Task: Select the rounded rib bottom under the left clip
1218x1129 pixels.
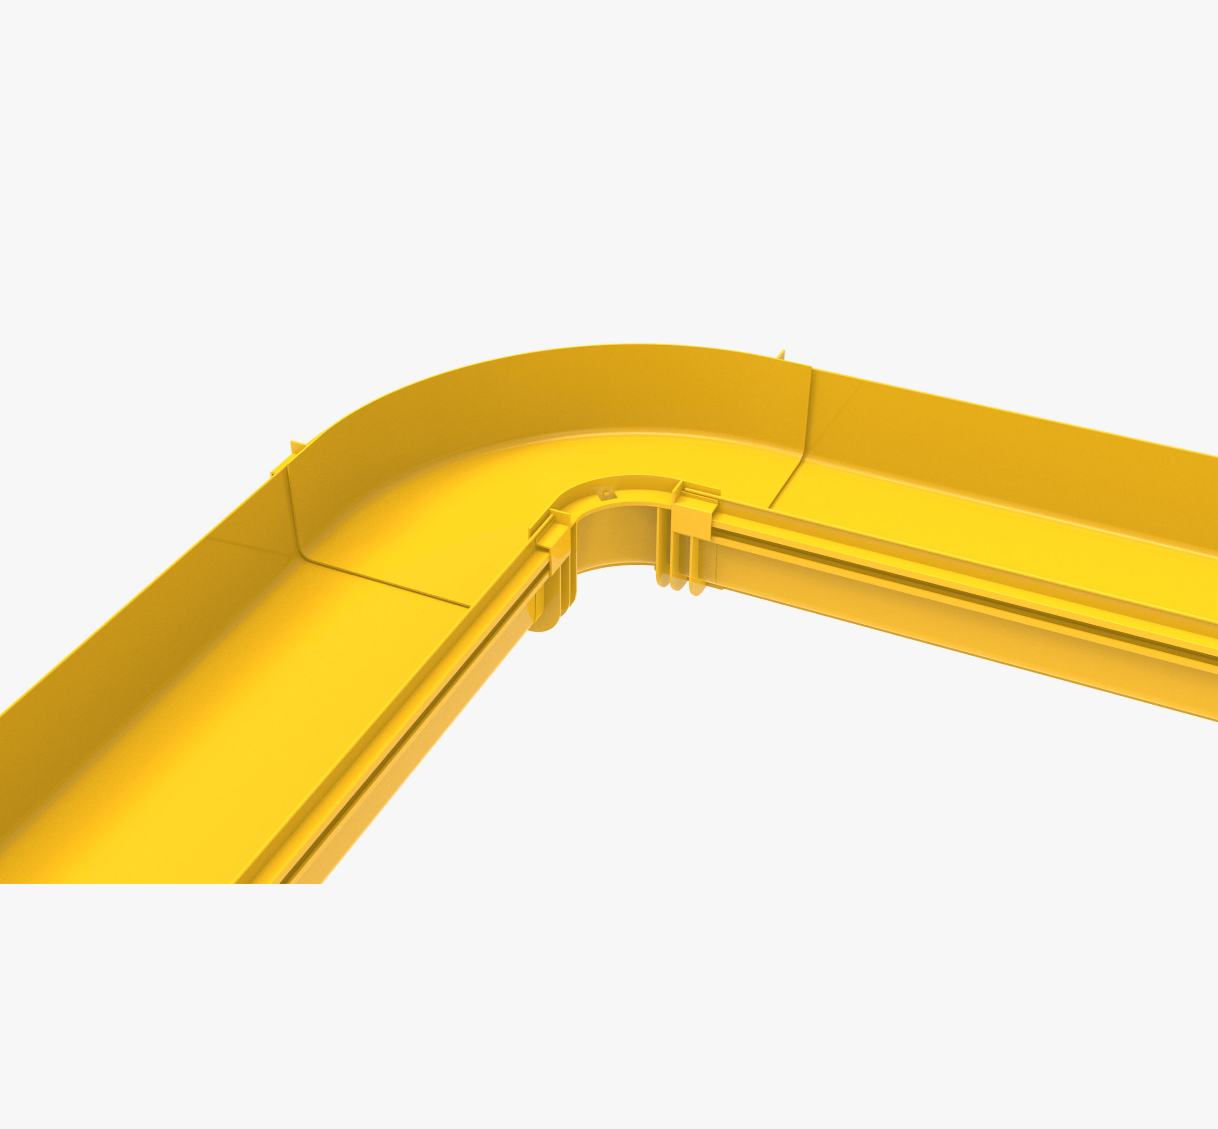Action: click(543, 623)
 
